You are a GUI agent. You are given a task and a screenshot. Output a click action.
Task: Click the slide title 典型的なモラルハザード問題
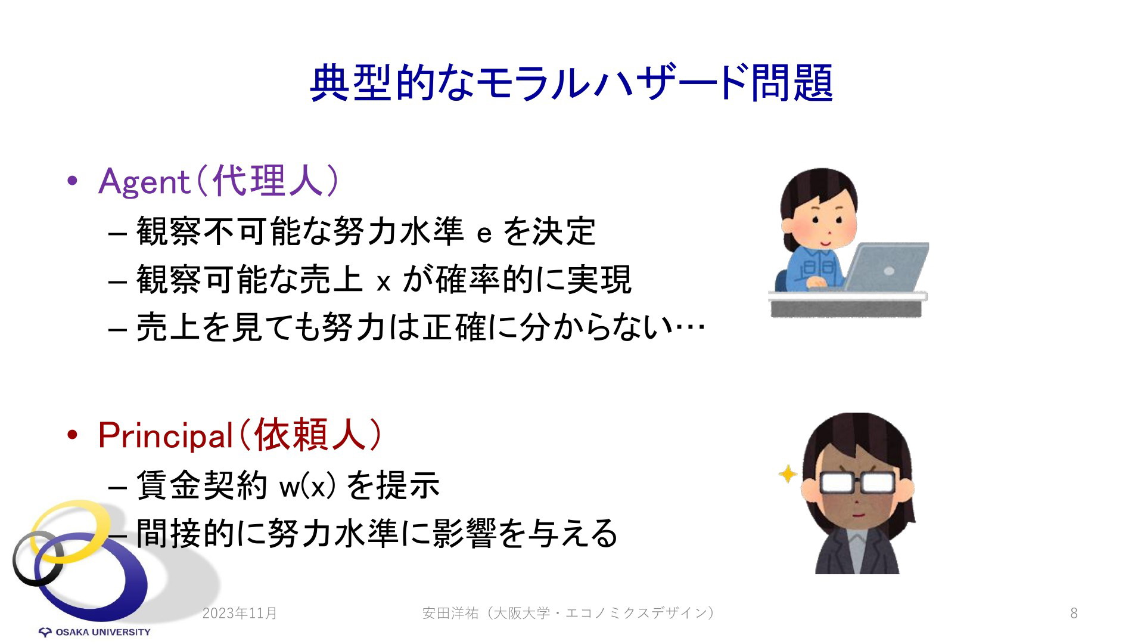571,83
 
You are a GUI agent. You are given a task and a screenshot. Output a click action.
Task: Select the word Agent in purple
144,181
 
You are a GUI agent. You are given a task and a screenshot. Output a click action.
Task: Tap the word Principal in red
165,436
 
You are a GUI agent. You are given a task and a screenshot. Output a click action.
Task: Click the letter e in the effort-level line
484,234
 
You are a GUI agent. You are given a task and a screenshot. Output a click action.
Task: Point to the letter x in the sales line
384,282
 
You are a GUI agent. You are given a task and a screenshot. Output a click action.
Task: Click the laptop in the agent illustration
885,267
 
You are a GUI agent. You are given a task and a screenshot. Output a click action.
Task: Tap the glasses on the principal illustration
858,482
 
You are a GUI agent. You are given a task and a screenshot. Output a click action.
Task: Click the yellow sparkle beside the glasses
788,474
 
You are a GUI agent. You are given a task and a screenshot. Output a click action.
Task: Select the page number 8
1074,613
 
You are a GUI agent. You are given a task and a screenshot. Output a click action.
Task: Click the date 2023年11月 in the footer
240,613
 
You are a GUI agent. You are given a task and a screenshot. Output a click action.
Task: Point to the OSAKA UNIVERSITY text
103,632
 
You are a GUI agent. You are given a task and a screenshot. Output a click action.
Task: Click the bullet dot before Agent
73,181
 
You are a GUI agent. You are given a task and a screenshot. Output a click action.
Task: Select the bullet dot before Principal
73,436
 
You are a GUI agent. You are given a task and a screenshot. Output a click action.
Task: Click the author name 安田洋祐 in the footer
450,613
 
